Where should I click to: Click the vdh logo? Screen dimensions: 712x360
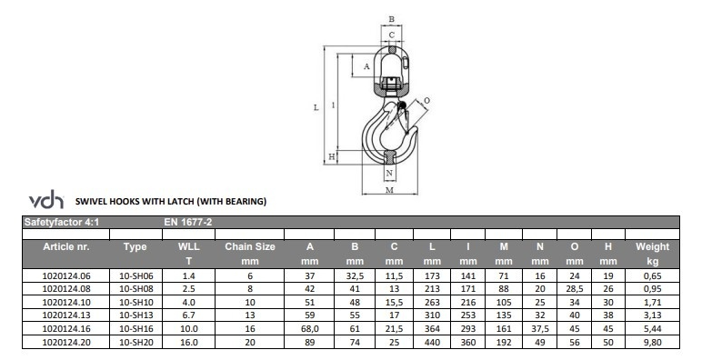pyautogui.click(x=46, y=199)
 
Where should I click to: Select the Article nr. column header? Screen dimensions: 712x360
pyautogui.click(x=66, y=247)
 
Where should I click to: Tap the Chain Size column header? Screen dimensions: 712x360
pyautogui.click(x=250, y=247)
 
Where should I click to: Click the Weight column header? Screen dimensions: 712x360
pyautogui.click(x=652, y=247)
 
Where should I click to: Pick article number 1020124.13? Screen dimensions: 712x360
pyautogui.click(x=66, y=315)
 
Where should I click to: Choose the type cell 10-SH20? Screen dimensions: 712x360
pyautogui.click(x=136, y=343)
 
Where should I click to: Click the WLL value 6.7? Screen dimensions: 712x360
pyautogui.click(x=188, y=315)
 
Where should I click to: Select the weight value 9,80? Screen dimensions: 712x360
pyautogui.click(x=653, y=343)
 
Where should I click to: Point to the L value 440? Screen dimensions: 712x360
pyautogui.click(x=432, y=343)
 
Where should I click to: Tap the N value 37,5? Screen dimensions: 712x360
pyautogui.click(x=540, y=329)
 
